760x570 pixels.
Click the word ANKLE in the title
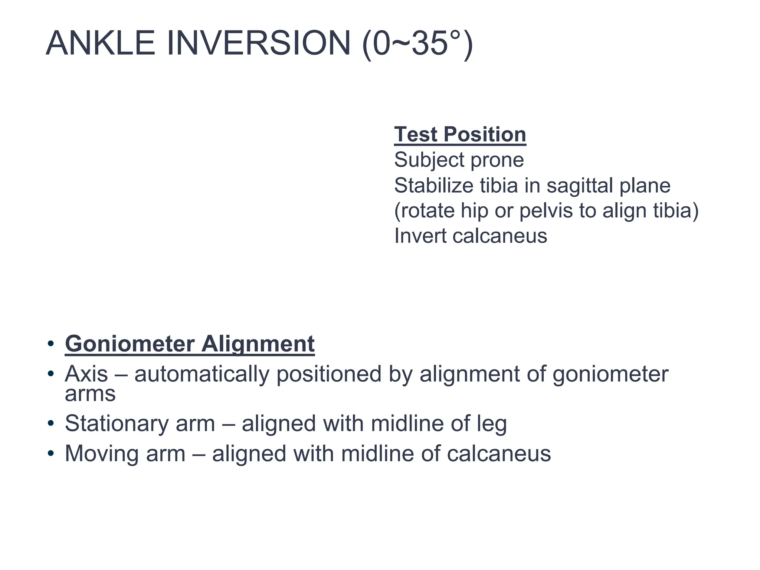point(100,43)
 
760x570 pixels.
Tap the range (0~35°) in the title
point(417,44)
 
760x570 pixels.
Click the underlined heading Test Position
point(460,134)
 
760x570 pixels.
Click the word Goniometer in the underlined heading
point(130,344)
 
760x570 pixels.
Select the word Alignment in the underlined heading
point(258,344)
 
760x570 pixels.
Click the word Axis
point(86,374)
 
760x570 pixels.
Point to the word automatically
point(202,374)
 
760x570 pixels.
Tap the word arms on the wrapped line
point(90,394)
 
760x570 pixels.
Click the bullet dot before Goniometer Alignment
point(51,344)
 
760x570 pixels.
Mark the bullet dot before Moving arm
point(51,453)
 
